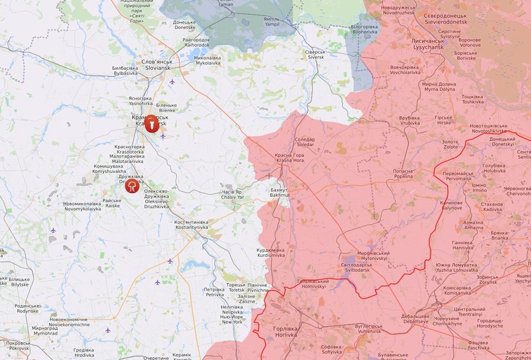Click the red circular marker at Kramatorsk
(151, 124)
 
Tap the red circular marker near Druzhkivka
(132, 186)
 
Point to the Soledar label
(304, 142)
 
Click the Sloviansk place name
(156, 64)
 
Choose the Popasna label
(403, 173)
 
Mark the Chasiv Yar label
(231, 194)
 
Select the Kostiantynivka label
(191, 224)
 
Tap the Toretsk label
(236, 287)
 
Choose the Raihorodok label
(196, 42)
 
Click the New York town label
(231, 319)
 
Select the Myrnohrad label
(45, 330)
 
